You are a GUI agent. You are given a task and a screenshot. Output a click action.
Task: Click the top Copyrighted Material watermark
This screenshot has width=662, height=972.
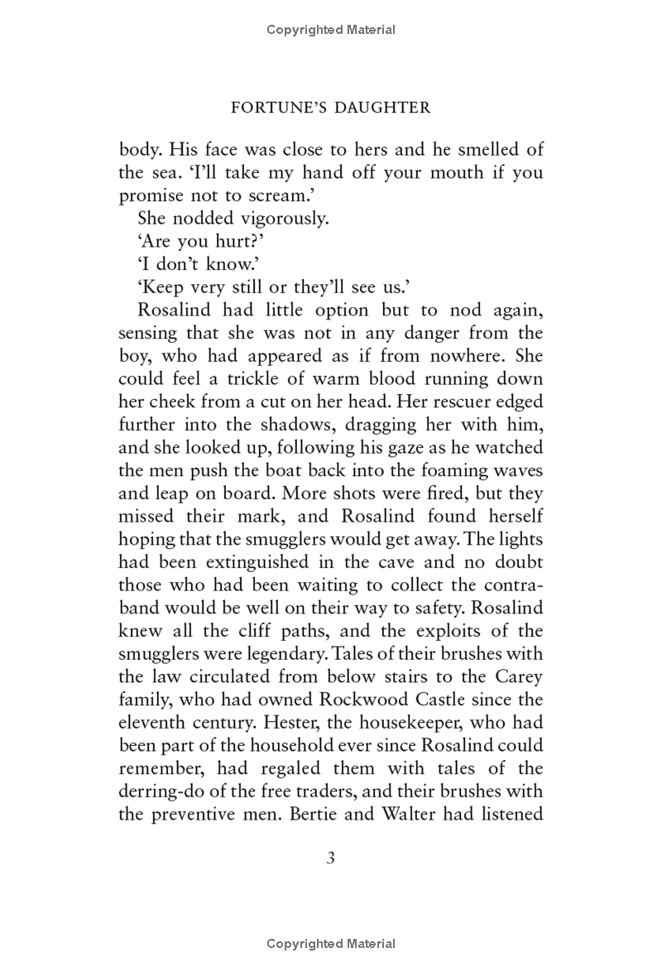coord(331,30)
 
